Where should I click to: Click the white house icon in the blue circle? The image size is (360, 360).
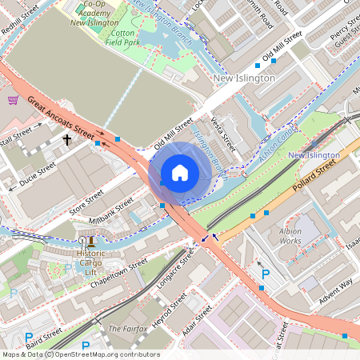pyautogui.click(x=180, y=172)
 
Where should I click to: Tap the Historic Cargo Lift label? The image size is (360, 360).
pyautogui.click(x=90, y=258)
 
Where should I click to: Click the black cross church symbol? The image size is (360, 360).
pyautogui.click(x=67, y=140)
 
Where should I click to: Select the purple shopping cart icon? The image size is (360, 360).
pyautogui.click(x=13, y=100)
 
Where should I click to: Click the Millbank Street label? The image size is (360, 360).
pyautogui.click(x=113, y=217)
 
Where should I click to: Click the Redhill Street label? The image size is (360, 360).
pyautogui.click(x=19, y=14)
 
